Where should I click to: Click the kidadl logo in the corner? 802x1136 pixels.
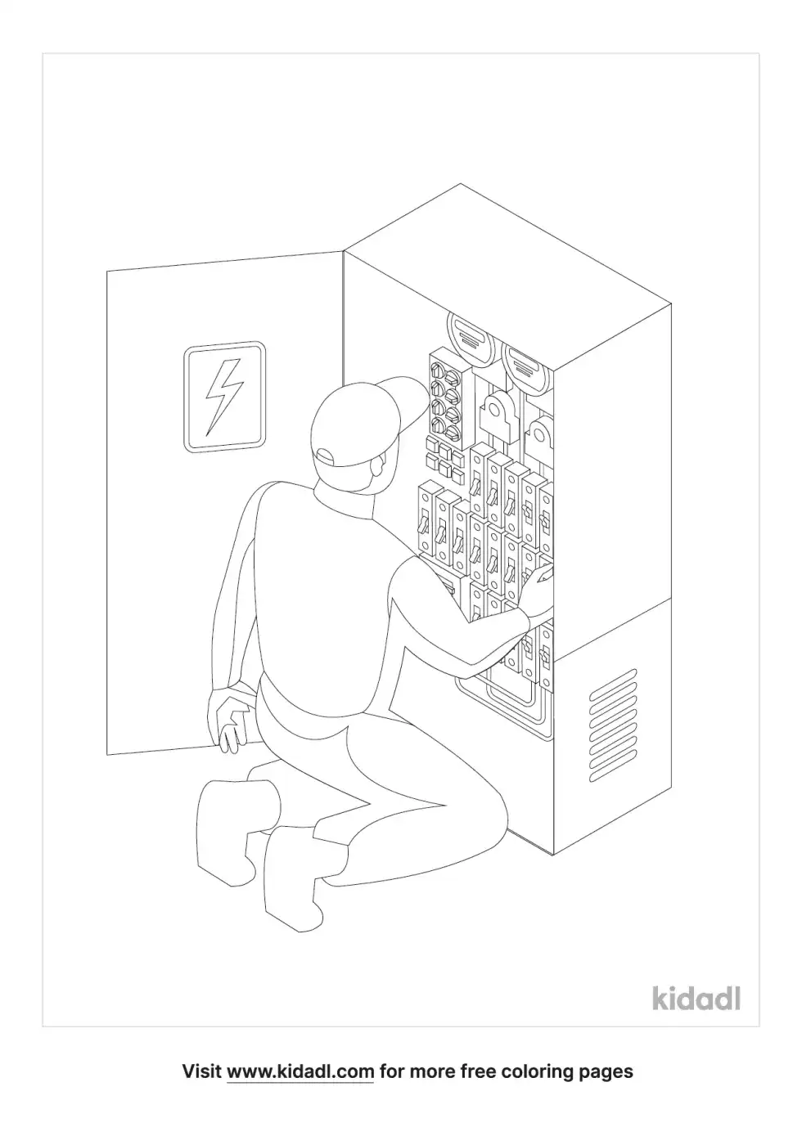click(696, 999)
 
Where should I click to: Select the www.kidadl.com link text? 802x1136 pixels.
click(300, 1071)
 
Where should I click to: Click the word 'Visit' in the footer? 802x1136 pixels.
click(201, 1071)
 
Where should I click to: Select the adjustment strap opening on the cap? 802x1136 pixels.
click(326, 455)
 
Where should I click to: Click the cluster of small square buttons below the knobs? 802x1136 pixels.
click(441, 456)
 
